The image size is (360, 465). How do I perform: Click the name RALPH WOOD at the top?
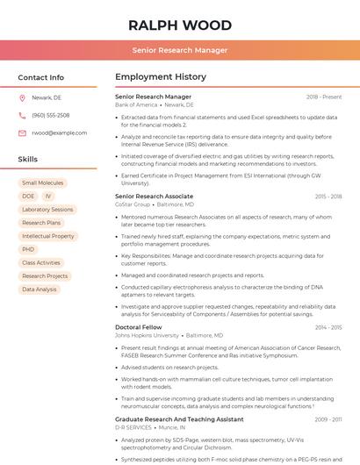[x=180, y=25]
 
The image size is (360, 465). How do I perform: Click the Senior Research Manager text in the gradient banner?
[x=180, y=51]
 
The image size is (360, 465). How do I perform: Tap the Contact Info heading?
[x=40, y=77]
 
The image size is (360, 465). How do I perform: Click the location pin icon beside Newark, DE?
[x=22, y=97]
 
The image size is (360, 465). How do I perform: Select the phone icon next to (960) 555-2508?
[x=22, y=115]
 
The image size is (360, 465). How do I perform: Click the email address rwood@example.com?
[x=59, y=132]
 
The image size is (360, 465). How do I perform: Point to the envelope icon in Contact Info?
[x=22, y=132]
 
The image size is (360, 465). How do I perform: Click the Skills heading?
[x=28, y=160]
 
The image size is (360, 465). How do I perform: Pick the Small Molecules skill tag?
[x=42, y=183]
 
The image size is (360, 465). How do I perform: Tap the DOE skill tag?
[x=28, y=197]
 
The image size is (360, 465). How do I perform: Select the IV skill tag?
[x=47, y=197]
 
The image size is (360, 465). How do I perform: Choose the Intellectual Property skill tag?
[x=47, y=236]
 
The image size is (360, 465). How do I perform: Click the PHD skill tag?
[x=28, y=249]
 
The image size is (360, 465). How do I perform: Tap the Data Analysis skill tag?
[x=40, y=289]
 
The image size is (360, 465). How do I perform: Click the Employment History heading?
[x=161, y=77]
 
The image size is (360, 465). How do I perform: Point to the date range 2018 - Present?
[x=324, y=97]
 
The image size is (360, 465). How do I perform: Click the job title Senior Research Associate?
[x=155, y=197]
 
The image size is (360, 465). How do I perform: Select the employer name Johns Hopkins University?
[x=147, y=335]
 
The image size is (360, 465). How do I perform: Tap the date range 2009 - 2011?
[x=328, y=419]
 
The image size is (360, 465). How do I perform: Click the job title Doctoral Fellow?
[x=139, y=327]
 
